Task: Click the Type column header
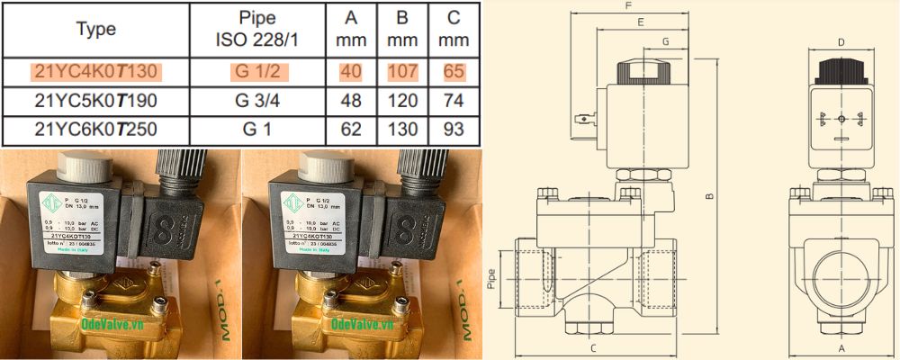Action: click(96, 29)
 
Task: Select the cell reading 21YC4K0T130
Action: click(95, 71)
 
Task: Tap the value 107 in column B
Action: click(401, 71)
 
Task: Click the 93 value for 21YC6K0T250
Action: click(454, 130)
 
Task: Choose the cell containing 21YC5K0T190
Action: click(95, 100)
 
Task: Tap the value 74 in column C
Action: click(454, 100)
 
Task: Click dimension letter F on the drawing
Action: click(627, 6)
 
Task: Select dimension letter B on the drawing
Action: click(710, 196)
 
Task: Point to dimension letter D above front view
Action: click(841, 41)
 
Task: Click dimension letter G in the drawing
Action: click(665, 41)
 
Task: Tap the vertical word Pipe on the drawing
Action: click(503, 273)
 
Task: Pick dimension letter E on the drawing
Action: click(640, 21)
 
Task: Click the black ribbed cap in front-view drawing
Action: click(841, 71)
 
